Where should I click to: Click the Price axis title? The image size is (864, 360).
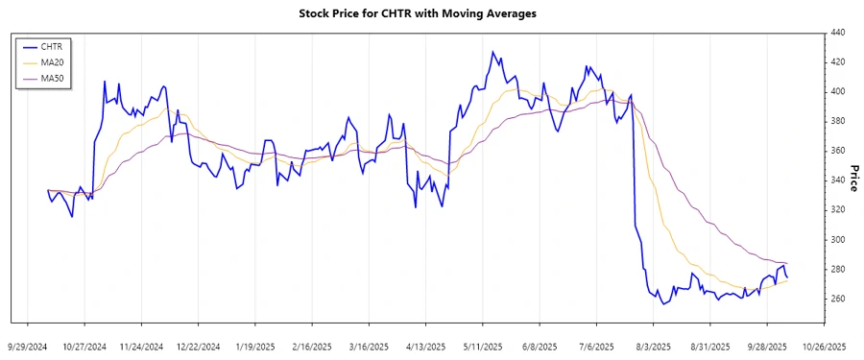(x=852, y=177)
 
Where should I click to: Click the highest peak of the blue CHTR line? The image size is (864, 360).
(x=492, y=52)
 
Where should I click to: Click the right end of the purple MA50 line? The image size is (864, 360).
(x=788, y=263)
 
